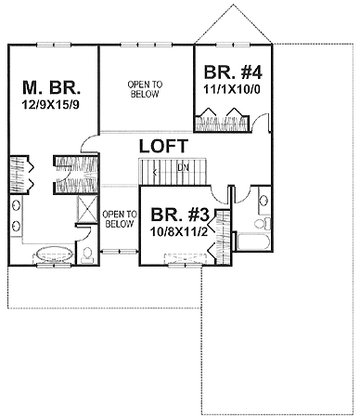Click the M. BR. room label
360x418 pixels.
click(x=52, y=89)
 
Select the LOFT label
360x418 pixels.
click(x=163, y=146)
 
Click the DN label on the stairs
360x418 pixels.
click(x=183, y=167)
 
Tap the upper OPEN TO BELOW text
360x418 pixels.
click(x=145, y=89)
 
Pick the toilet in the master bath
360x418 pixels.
click(x=87, y=253)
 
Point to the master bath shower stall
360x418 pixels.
click(x=86, y=209)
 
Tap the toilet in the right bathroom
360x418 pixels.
click(x=262, y=223)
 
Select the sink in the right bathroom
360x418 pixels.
click(x=263, y=199)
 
